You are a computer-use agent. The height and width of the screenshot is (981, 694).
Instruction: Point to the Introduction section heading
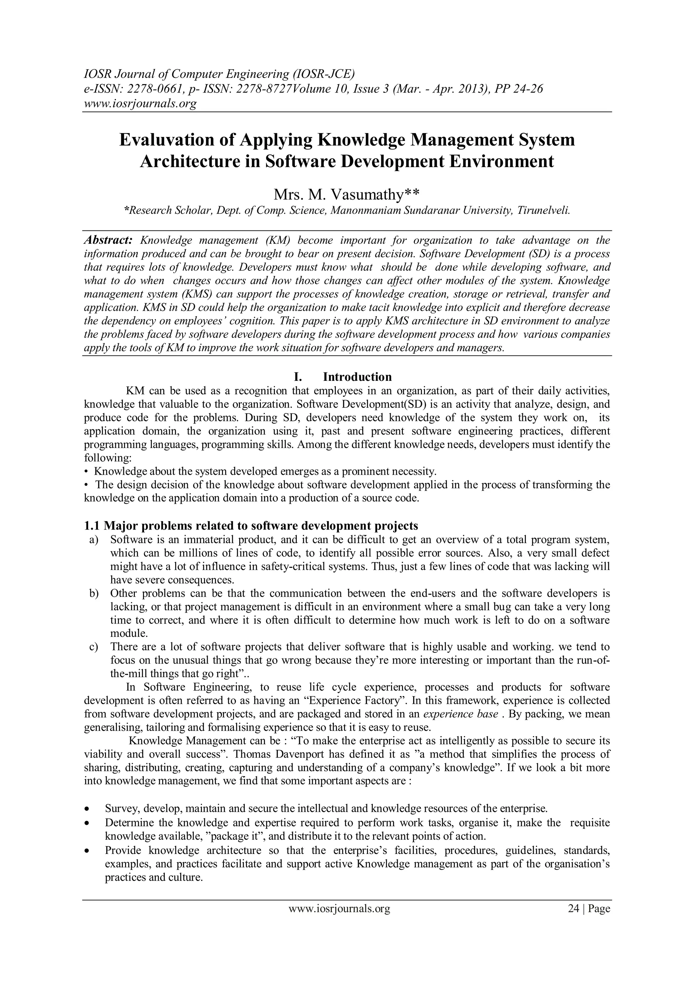click(x=357, y=377)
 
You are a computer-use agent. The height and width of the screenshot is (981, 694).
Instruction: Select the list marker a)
click(x=94, y=540)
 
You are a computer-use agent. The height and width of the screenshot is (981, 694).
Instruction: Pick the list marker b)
click(x=94, y=593)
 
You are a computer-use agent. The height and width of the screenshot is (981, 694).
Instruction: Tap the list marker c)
click(x=94, y=647)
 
